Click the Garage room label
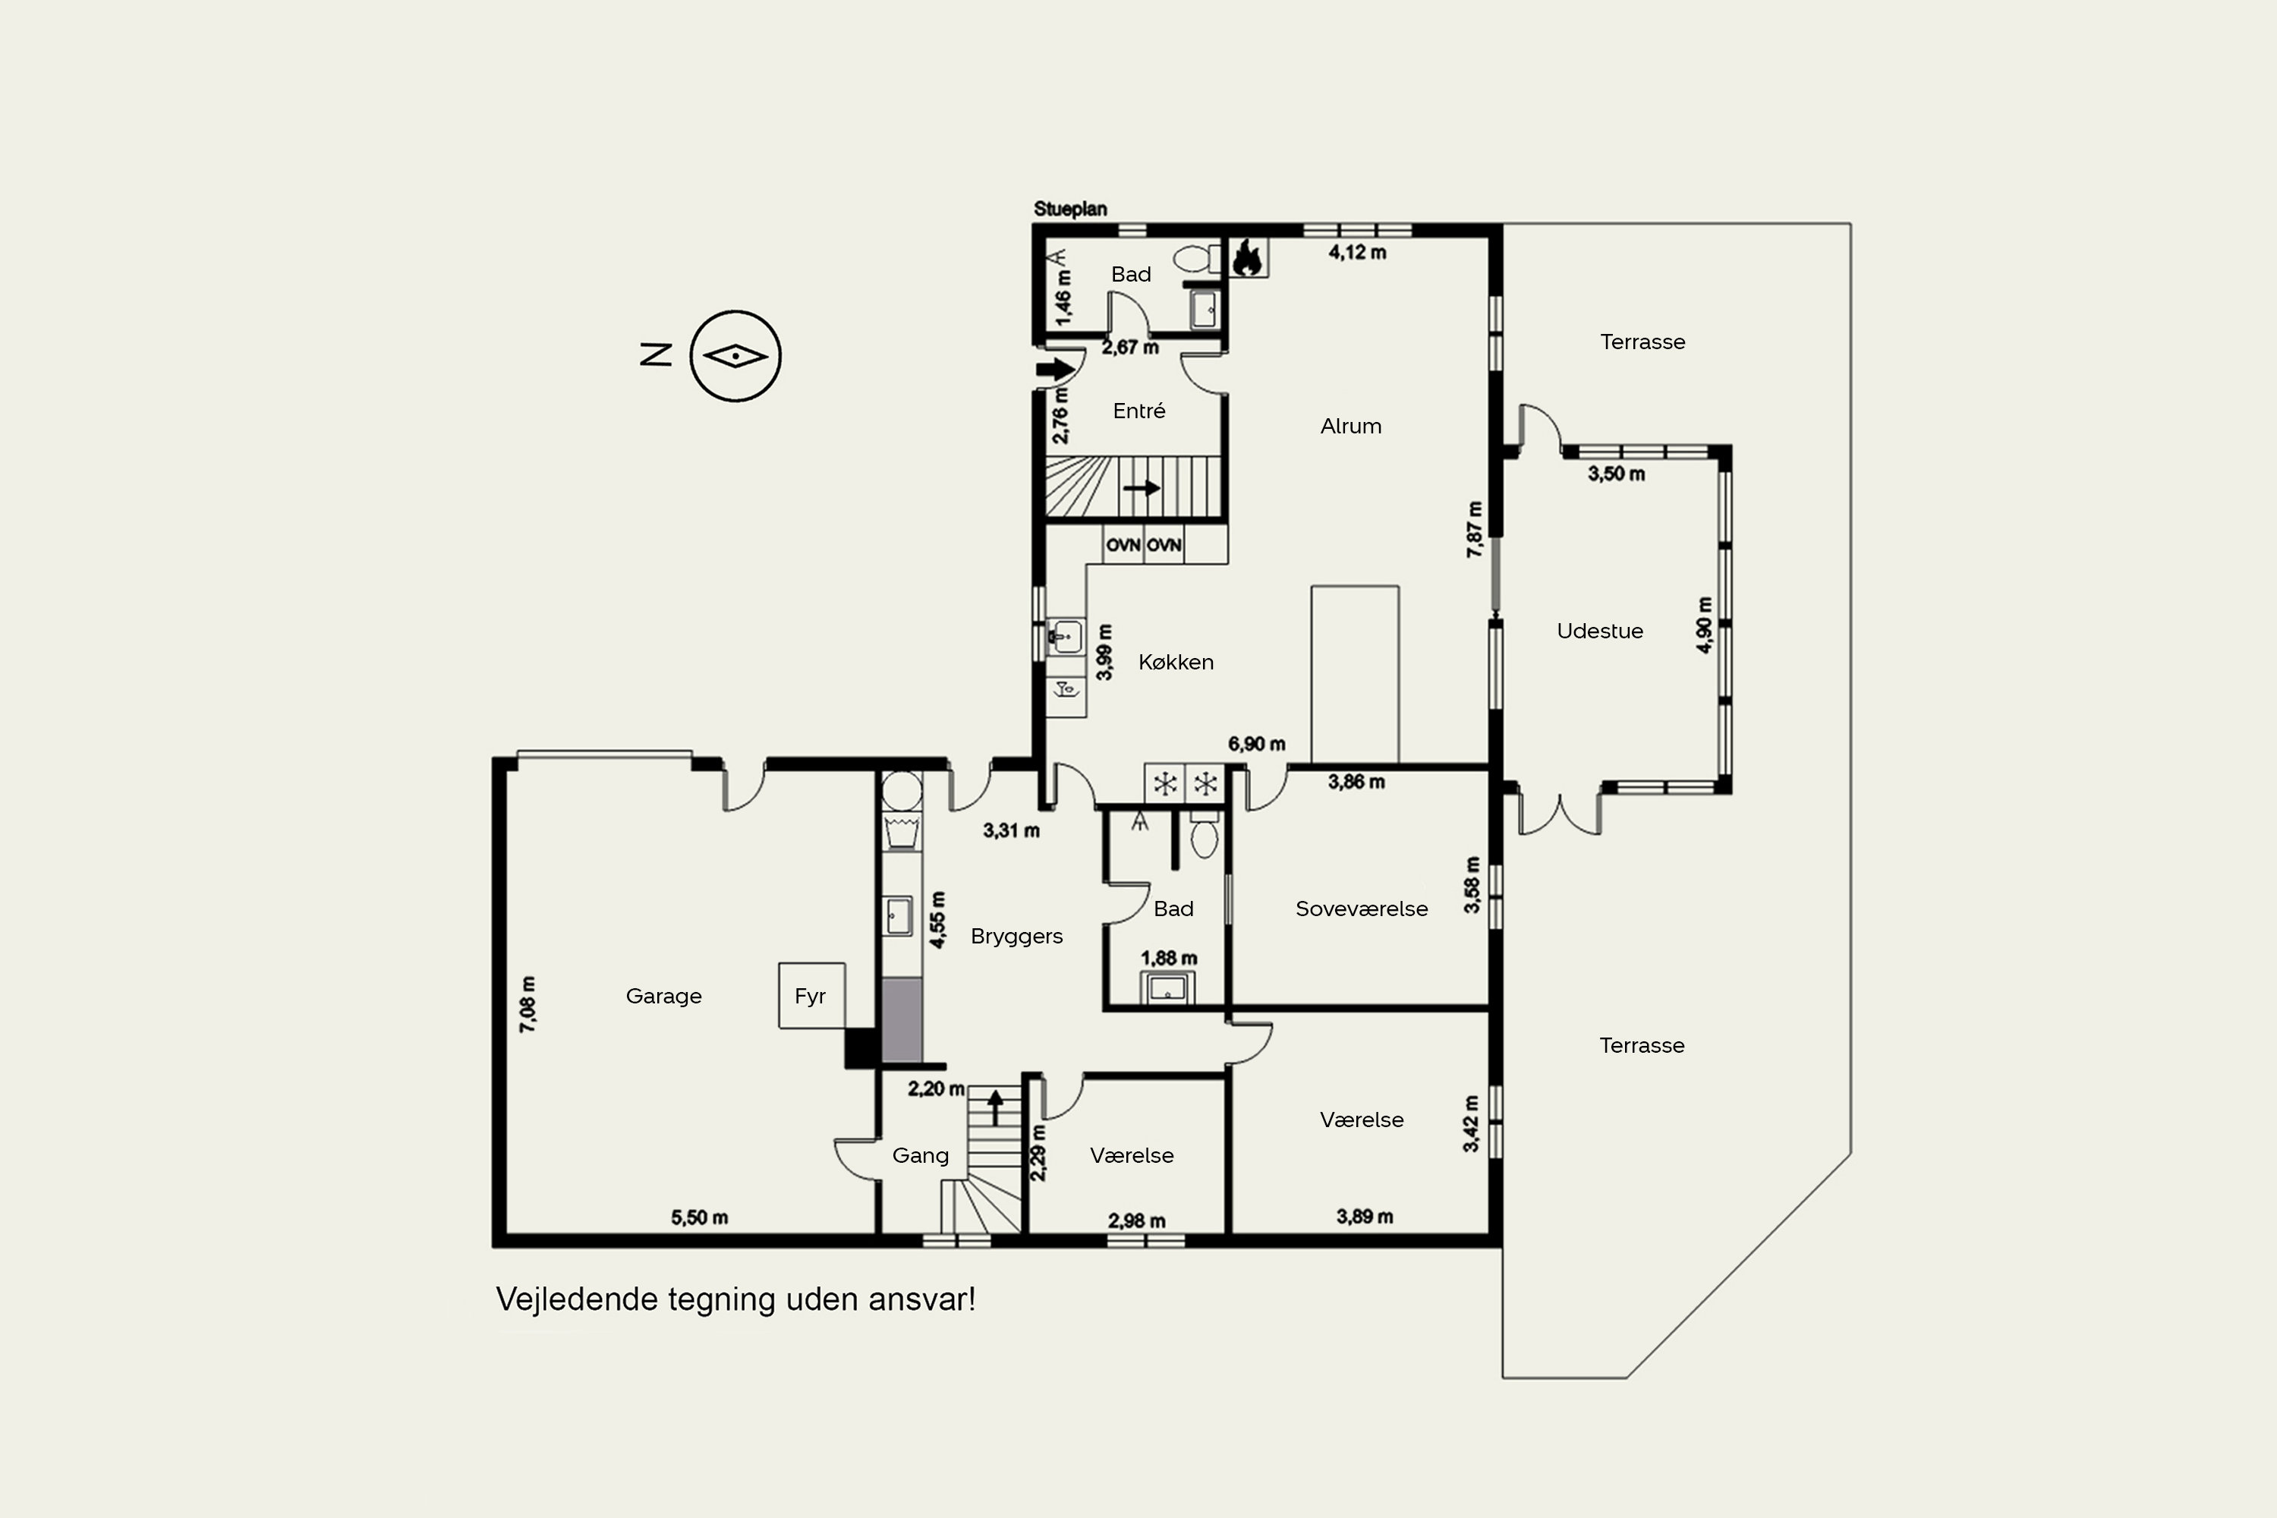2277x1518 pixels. (663, 996)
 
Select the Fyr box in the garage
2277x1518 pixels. (811, 995)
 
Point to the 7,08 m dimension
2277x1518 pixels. (528, 1004)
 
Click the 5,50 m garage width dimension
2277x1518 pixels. (699, 1217)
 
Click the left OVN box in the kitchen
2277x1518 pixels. (1123, 544)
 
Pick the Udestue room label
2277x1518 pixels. (1599, 631)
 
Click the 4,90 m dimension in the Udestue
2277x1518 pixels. (1704, 625)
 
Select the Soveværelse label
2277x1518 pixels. (1361, 909)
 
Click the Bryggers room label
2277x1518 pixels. (1016, 936)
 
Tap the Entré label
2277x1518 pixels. (1138, 411)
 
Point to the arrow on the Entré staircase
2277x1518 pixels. (1142, 488)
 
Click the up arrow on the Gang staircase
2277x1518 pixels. (994, 1107)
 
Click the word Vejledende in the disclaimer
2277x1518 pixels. (577, 1299)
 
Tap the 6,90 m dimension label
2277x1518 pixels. (1257, 744)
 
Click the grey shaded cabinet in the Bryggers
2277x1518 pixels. (902, 1020)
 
